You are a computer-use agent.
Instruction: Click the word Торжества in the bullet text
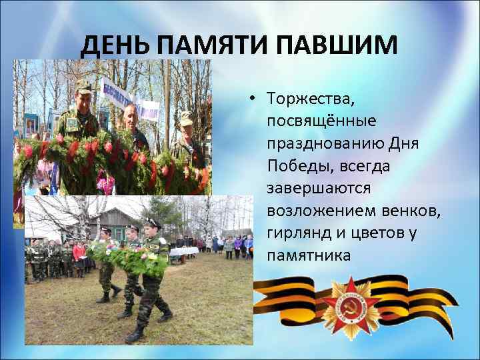tap(310, 99)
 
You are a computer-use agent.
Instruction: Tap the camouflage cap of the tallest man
tap(83, 86)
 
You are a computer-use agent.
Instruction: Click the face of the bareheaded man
tap(131, 116)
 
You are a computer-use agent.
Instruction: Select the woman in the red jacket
tap(79, 253)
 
